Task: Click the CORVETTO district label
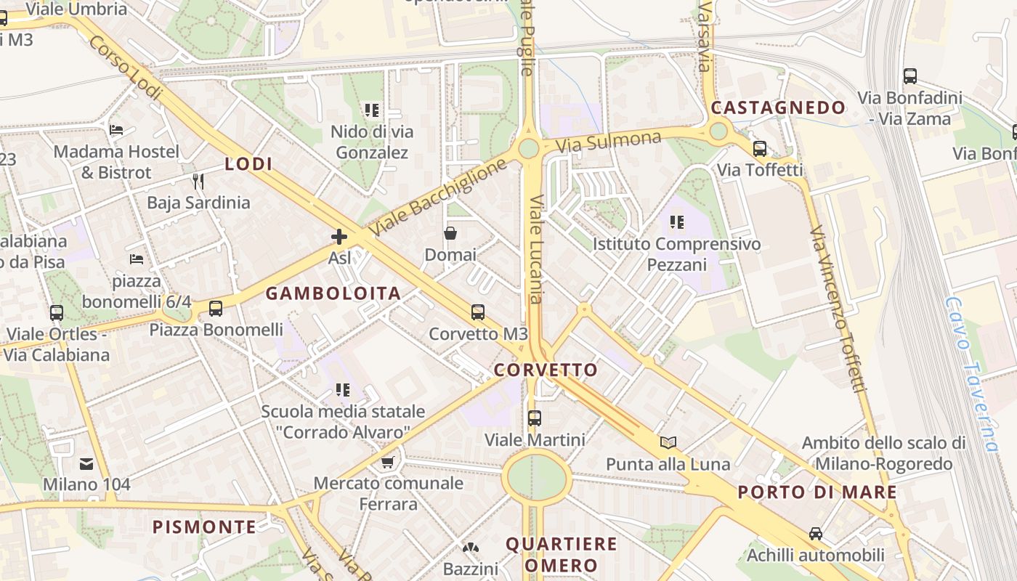tap(546, 370)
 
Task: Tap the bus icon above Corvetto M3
tap(477, 312)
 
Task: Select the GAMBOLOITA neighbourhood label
tap(333, 293)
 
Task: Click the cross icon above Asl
tap(339, 237)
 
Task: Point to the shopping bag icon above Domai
tap(450, 233)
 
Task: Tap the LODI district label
tap(248, 164)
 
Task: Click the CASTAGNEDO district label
tap(778, 108)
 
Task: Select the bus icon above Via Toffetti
tap(760, 149)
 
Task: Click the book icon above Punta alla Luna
tap(668, 442)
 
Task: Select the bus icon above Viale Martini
tap(535, 418)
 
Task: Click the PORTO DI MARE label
tap(817, 492)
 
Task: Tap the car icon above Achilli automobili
tap(816, 534)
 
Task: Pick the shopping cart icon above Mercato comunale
tap(389, 462)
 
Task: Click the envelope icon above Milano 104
tap(86, 463)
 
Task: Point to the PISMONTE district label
tap(204, 527)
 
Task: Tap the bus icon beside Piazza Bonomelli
tap(216, 308)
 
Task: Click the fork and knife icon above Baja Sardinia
tap(198, 180)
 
